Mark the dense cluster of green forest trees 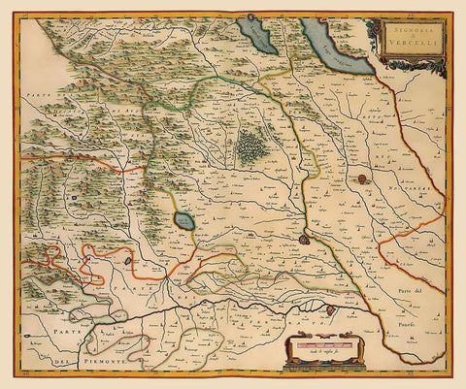[x=252, y=146]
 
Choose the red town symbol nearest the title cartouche [x=360, y=179]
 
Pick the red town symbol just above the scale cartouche [x=331, y=309]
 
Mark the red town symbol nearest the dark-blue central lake [x=304, y=238]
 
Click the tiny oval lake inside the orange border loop [x=128, y=259]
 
